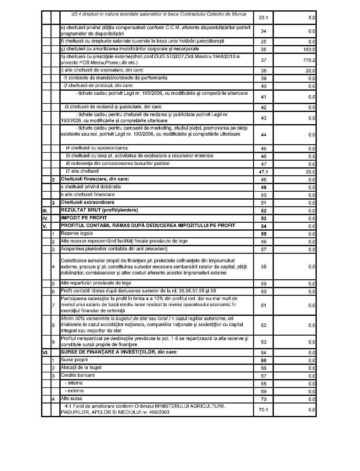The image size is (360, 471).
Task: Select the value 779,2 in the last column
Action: click(x=310, y=60)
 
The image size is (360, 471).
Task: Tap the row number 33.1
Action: click(x=263, y=18)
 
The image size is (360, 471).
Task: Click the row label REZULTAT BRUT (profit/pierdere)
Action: click(x=99, y=210)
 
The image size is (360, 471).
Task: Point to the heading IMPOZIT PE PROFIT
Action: click(x=84, y=218)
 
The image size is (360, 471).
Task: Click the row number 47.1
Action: click(x=263, y=172)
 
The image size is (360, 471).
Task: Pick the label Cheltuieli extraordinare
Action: click(x=88, y=202)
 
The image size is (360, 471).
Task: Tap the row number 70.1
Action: click(x=263, y=410)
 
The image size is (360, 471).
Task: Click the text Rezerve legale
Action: click(x=77, y=233)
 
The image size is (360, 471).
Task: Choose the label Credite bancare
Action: click(x=78, y=375)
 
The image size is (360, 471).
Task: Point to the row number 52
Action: click(x=263, y=211)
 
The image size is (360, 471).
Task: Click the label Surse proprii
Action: click(x=74, y=360)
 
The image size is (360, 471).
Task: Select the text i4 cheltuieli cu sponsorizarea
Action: click(x=97, y=148)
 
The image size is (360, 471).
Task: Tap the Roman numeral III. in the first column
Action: click(x=45, y=211)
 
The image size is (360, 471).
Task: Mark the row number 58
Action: click(x=263, y=267)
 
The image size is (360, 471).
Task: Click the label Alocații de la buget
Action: click(x=81, y=368)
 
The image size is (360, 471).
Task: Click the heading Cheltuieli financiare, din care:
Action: click(x=95, y=179)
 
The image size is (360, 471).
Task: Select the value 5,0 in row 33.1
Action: click(x=312, y=18)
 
